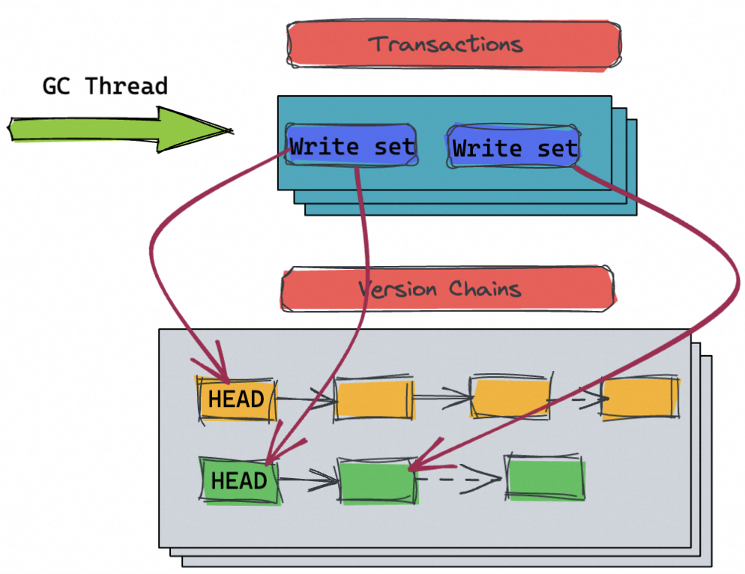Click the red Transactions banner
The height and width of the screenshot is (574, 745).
pos(453,44)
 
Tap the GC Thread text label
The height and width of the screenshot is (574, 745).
pos(104,86)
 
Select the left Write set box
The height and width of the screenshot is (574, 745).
pos(352,146)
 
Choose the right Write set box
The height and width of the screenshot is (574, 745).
pos(514,148)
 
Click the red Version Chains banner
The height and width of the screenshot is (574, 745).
pos(447,289)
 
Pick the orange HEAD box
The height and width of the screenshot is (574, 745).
pos(237,399)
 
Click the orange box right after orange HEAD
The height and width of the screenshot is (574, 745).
pos(374,398)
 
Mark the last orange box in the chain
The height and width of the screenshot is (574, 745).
pos(641,398)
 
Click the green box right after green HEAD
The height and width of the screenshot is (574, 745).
pos(377,480)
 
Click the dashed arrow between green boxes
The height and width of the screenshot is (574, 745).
pos(459,478)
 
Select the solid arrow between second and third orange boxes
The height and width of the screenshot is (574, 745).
pos(441,398)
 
